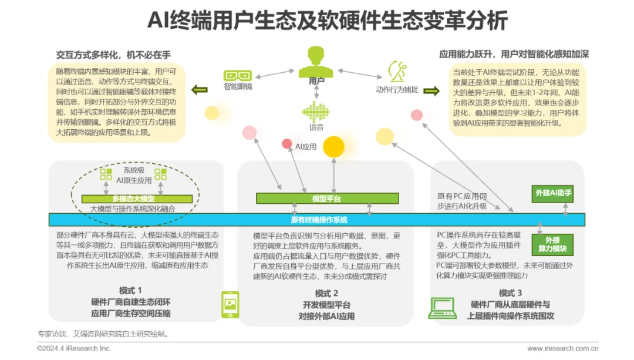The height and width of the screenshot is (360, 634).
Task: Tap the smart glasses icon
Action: tap(238, 76)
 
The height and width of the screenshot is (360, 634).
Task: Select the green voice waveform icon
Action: tap(316, 112)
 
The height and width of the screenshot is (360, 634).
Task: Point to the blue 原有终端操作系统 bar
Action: tap(317, 220)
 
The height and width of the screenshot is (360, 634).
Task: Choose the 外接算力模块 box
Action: tap(552, 244)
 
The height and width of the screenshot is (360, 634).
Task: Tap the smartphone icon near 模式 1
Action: tap(230, 305)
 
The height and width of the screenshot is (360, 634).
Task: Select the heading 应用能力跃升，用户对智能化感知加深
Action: tap(514, 54)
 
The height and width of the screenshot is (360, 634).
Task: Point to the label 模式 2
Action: tap(326, 293)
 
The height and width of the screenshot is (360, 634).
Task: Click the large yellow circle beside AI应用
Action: tap(333, 146)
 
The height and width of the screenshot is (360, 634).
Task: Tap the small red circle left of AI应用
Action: tap(286, 143)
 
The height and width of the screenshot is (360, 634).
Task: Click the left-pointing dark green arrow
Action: tap(200, 90)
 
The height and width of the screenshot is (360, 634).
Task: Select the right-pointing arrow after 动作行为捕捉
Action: tap(431, 90)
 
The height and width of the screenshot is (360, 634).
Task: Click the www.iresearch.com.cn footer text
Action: tap(562, 348)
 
